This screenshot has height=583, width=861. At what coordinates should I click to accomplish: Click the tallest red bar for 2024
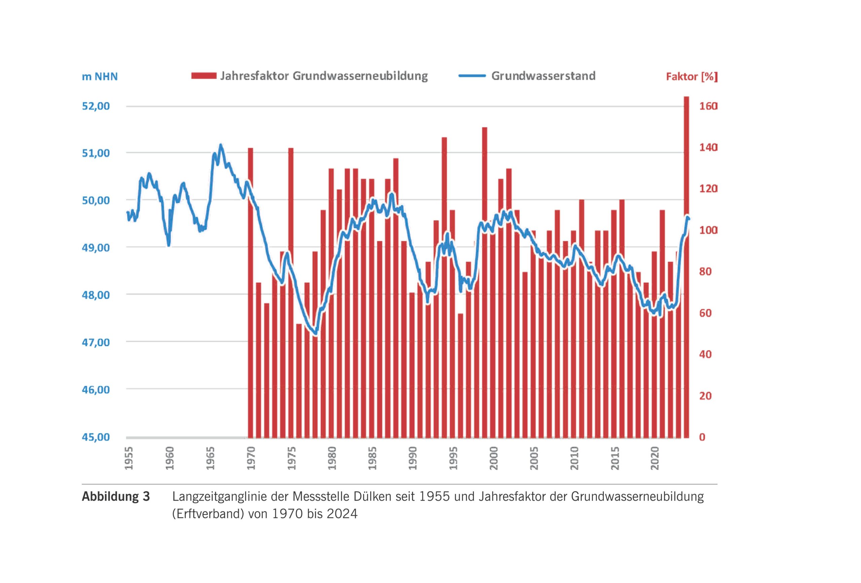[686, 267]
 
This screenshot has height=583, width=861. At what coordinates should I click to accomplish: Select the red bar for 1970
[251, 293]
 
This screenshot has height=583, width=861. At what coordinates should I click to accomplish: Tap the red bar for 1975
[291, 293]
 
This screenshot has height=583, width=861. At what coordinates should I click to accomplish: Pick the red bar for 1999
[485, 281]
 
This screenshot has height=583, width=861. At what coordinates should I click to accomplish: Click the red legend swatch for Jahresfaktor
[204, 76]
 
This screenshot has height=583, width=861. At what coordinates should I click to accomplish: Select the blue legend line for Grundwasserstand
[472, 76]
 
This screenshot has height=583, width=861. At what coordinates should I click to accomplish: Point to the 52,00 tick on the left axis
[96, 106]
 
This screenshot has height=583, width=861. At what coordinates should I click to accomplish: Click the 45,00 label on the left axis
[96, 437]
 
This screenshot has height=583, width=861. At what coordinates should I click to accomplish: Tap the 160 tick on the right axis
[708, 106]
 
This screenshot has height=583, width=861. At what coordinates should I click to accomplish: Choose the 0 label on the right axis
[702, 437]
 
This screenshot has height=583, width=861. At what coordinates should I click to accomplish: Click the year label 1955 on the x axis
[129, 458]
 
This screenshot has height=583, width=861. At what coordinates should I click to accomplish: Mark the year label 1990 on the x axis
[412, 458]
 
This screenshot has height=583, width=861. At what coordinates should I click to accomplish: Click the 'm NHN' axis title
[100, 77]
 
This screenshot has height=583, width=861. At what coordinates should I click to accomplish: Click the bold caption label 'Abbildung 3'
[116, 497]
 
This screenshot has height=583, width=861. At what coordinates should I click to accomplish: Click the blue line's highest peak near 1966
[221, 145]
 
